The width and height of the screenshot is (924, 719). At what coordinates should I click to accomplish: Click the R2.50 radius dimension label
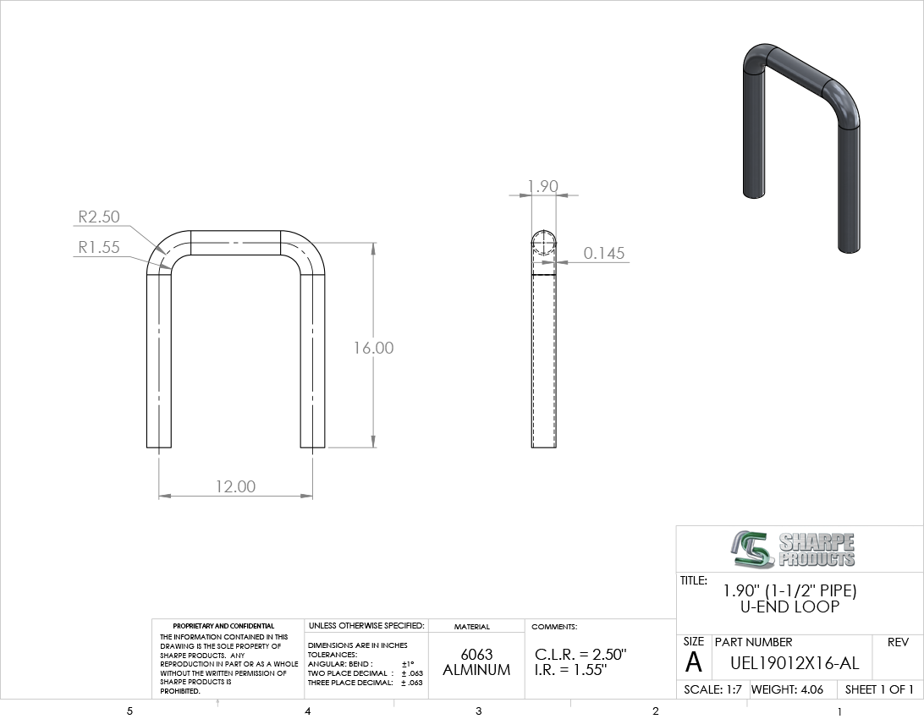click(99, 217)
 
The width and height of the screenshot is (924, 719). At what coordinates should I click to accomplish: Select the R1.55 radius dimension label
click(99, 247)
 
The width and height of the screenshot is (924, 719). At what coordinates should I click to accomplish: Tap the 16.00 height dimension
click(374, 348)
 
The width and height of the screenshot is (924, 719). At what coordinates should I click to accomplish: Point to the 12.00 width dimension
click(236, 486)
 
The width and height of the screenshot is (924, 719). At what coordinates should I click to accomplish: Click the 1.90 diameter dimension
click(542, 186)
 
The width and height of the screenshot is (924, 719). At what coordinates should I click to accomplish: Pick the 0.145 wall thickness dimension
click(604, 253)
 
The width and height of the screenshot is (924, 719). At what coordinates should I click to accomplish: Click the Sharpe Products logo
click(793, 550)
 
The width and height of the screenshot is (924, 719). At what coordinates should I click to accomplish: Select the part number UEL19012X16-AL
click(795, 664)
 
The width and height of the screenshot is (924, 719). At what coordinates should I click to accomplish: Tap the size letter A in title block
click(694, 662)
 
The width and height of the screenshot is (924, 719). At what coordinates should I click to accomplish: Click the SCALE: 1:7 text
click(712, 689)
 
